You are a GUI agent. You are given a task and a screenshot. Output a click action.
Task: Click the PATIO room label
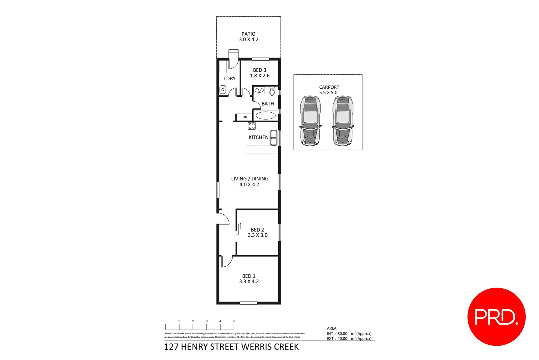click(x=249, y=34)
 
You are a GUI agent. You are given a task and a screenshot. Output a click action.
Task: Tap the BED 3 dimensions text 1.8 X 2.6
click(x=260, y=76)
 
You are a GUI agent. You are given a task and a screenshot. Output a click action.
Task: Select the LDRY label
click(x=230, y=79)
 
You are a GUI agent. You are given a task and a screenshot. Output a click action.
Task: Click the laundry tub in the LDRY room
click(x=223, y=90)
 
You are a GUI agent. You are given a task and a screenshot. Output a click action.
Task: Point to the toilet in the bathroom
click(x=272, y=91)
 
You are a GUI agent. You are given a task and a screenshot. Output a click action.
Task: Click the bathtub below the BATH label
click(x=266, y=116)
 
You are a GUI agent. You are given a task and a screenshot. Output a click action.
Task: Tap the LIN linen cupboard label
click(x=245, y=117)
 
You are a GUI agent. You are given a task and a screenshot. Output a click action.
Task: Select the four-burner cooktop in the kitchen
click(x=252, y=126)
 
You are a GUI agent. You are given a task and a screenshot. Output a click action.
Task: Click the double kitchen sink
click(x=274, y=138)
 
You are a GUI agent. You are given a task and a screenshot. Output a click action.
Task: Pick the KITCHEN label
click(x=259, y=137)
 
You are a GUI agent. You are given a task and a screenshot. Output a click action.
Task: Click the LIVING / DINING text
click(x=250, y=179)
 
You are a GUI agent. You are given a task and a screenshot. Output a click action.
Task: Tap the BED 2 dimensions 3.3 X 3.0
click(x=258, y=235)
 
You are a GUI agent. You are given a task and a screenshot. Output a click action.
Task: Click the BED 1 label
click(x=249, y=276)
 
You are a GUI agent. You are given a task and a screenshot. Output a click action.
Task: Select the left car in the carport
click(x=310, y=121)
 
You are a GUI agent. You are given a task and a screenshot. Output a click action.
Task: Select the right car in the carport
click(x=343, y=121)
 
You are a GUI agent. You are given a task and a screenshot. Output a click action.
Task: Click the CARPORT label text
click(x=329, y=87)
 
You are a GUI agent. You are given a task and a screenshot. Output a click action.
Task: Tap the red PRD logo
click(x=496, y=317)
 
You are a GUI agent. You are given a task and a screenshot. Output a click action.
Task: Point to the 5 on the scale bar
click(x=234, y=321)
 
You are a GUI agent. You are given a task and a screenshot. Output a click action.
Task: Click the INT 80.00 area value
click(x=342, y=334)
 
